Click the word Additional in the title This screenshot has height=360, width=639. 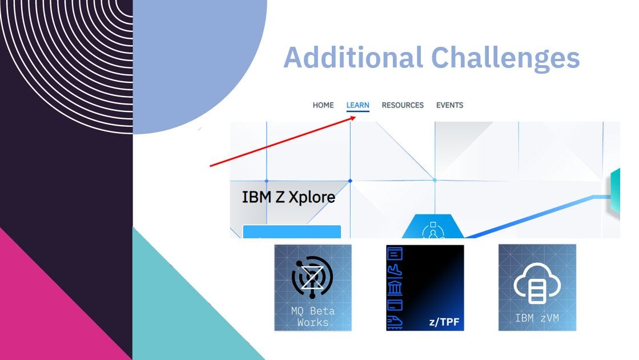coord(352,57)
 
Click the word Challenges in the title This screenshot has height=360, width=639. coord(505,57)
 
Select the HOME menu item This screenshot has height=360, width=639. coord(323,105)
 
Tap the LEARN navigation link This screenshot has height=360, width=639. coord(357,105)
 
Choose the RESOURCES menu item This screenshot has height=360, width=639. coord(403,105)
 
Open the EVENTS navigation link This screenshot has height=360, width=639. coord(449,105)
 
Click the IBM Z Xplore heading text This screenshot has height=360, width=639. coord(288,197)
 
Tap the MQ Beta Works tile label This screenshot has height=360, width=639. coord(313,317)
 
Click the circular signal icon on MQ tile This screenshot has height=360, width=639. coord(312,277)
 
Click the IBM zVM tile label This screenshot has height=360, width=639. coord(537,318)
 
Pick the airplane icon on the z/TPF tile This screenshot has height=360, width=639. coord(395,269)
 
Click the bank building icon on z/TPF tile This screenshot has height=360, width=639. coord(395,286)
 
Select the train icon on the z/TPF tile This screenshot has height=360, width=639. coord(395,322)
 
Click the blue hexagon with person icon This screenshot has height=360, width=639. coord(433,229)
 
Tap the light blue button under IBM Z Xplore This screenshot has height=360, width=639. coord(292,232)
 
